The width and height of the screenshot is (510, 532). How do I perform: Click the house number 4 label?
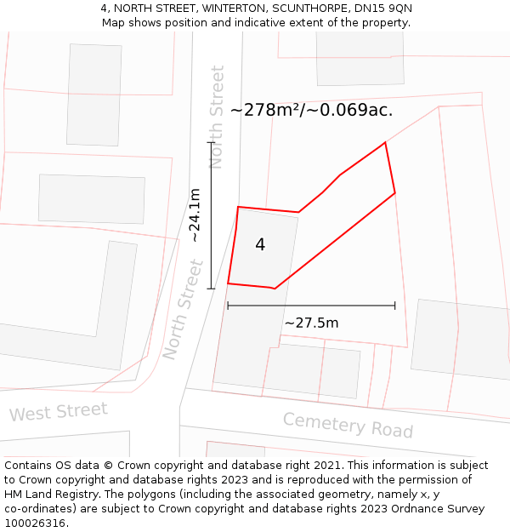[260, 245]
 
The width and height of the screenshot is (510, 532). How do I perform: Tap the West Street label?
[59, 412]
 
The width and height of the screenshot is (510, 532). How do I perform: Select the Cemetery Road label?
[348, 425]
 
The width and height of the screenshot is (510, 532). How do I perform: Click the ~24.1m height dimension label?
[195, 216]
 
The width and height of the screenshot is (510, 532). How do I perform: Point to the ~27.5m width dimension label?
[311, 323]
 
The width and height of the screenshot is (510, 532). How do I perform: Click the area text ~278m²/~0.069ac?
[311, 110]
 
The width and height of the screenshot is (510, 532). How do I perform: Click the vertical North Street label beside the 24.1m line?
[217, 117]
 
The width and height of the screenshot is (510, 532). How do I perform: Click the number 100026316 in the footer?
[36, 523]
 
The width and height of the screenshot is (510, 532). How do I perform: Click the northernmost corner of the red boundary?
[385, 142]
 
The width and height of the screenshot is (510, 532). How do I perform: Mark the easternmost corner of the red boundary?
[395, 193]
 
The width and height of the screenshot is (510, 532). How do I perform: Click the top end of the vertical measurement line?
[211, 142]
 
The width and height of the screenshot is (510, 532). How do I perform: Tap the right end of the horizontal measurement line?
[395, 306]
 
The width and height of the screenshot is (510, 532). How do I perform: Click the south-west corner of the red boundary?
[228, 283]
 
